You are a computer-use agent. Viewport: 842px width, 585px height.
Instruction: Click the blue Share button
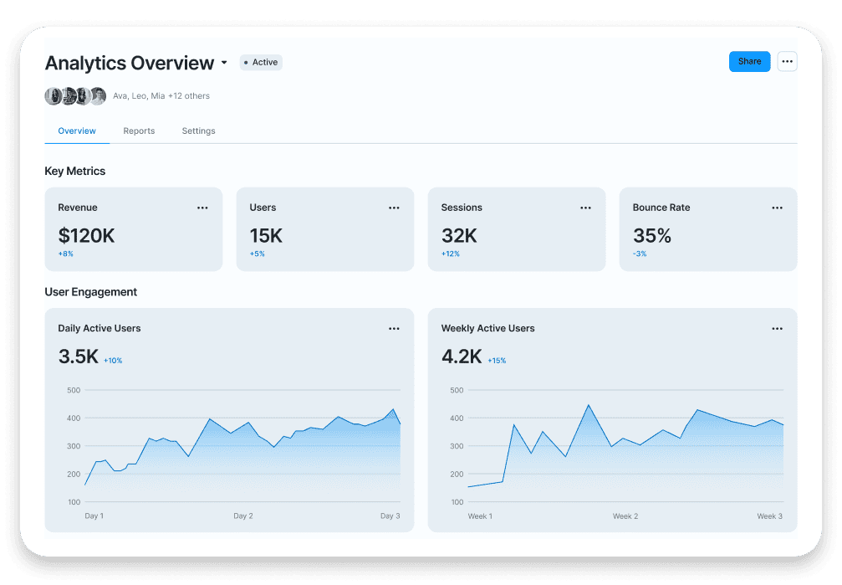point(749,61)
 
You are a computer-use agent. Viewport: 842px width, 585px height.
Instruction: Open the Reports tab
point(139,131)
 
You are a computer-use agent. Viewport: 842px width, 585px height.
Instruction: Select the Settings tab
point(198,131)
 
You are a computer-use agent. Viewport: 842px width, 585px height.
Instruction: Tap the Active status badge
point(261,62)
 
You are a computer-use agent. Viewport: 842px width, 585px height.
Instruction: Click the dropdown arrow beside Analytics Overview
point(224,64)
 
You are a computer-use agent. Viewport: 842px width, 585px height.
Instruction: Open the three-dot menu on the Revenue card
point(202,208)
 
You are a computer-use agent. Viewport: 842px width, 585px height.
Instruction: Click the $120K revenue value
point(86,235)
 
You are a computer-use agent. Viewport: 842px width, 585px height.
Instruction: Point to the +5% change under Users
point(257,254)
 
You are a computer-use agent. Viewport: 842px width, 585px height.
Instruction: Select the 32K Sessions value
point(459,235)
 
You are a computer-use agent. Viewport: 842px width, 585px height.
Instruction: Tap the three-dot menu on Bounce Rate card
point(777,208)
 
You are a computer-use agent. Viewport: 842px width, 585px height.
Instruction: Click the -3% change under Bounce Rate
point(640,254)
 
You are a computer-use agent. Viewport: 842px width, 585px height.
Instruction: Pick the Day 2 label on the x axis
point(243,516)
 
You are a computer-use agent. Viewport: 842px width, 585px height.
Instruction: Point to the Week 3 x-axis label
point(768,516)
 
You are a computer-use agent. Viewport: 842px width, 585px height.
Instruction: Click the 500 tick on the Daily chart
point(73,390)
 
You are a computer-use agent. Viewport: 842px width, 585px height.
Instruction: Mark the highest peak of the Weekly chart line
point(589,405)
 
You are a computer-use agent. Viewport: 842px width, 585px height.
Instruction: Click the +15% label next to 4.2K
point(497,361)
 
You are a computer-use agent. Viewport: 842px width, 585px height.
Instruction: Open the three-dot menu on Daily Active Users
point(394,329)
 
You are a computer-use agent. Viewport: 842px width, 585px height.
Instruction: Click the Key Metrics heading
point(75,171)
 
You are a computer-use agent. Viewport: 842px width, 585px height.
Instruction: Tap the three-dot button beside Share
point(787,61)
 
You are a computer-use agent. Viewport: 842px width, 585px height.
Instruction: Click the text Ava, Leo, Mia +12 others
point(161,96)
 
